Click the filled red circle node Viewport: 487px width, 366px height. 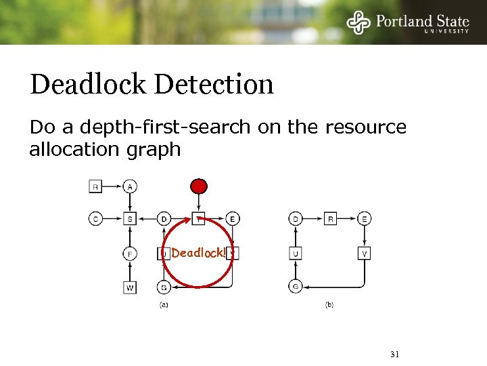198,186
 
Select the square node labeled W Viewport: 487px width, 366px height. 131,287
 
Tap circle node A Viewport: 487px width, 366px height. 131,186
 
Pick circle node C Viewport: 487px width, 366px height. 95,219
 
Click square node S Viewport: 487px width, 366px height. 131,219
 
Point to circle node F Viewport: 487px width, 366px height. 131,254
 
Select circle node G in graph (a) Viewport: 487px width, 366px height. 164,287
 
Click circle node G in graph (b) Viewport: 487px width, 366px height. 296,287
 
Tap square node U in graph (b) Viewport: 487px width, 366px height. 296,254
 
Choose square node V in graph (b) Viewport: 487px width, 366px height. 365,254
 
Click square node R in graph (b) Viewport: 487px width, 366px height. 330,219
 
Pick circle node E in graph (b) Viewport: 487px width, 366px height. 365,219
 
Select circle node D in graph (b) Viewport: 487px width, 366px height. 296,219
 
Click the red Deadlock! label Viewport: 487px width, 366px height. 198,253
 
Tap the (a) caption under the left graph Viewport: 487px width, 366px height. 164,306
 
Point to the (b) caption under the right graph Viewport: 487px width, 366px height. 329,306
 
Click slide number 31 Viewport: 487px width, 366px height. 395,354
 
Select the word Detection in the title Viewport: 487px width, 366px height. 214,85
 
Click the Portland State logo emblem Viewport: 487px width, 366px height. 359,22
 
